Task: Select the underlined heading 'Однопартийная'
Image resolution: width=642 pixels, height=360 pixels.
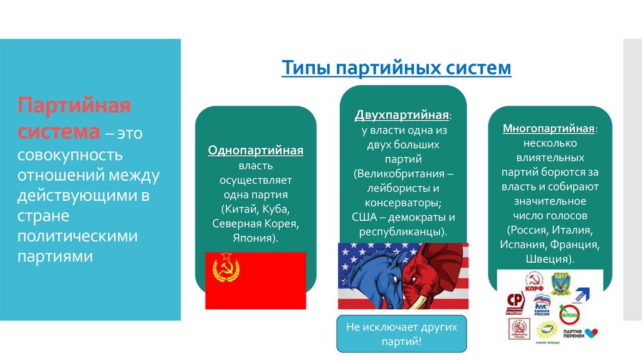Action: (256, 151)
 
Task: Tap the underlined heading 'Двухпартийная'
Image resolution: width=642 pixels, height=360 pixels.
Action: (402, 116)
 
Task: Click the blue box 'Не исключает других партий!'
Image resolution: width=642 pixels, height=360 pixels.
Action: (403, 334)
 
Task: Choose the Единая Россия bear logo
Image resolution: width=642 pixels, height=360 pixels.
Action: (541, 304)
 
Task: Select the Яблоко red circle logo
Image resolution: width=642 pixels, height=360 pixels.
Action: (569, 314)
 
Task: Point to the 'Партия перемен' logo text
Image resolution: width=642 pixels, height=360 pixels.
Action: (574, 332)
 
